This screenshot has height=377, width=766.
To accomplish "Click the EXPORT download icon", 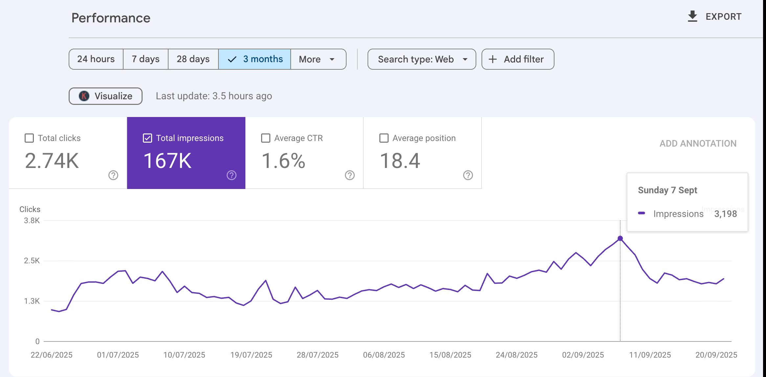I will [692, 16].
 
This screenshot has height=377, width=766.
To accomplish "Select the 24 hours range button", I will [96, 59].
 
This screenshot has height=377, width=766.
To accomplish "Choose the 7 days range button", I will [146, 59].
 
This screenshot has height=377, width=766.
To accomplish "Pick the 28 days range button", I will [193, 59].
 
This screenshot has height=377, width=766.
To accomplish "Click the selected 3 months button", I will [255, 59].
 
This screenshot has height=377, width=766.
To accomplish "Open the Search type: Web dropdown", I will [422, 59].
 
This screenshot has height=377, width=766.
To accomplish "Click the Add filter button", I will [518, 59].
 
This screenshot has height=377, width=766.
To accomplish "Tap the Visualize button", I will [105, 96].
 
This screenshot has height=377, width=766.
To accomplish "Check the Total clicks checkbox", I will [29, 138].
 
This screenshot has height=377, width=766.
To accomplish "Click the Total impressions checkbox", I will [147, 138].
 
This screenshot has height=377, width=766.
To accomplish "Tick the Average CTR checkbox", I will [266, 138].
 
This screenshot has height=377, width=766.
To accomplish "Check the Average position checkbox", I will [384, 138].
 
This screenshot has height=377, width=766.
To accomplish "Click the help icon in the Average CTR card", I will [350, 175].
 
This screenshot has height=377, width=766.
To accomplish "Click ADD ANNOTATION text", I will [698, 143].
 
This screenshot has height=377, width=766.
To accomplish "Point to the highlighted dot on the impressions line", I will [620, 238].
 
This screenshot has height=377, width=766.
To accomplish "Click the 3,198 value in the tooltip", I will [726, 214].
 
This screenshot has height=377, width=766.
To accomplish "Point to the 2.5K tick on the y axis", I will [32, 261].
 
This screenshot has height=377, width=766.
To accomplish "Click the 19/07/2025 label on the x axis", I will [251, 355].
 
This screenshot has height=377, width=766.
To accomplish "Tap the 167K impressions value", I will [168, 161].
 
